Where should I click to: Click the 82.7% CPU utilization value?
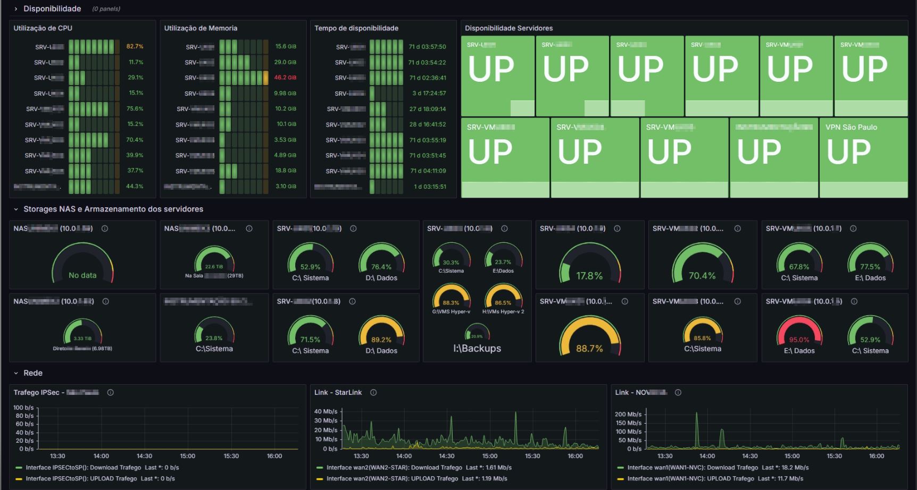(x=135, y=47)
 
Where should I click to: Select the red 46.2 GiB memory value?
(x=285, y=78)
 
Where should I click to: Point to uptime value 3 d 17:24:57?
(x=429, y=94)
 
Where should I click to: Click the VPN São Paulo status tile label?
(x=851, y=128)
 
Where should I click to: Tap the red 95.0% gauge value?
(x=799, y=340)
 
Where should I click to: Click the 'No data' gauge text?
(x=82, y=275)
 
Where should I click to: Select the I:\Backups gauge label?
(x=477, y=349)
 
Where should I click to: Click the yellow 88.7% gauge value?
(x=589, y=349)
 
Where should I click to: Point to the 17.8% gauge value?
(x=589, y=276)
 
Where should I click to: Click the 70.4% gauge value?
(x=702, y=276)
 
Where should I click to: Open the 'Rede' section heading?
(x=33, y=373)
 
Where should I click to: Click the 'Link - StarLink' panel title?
(x=338, y=393)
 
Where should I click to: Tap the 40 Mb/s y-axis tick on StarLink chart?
(x=326, y=411)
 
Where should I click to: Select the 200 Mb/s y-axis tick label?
(x=628, y=414)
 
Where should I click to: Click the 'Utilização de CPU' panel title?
(x=43, y=28)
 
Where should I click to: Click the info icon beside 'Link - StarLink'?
(x=373, y=393)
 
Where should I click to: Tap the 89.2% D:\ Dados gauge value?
(x=381, y=340)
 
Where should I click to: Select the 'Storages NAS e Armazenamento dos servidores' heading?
(x=113, y=209)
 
